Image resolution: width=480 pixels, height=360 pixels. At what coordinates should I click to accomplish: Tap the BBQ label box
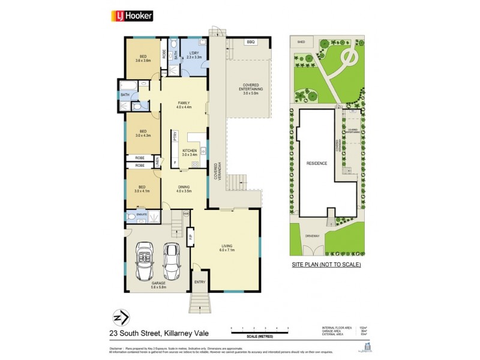point(250,42)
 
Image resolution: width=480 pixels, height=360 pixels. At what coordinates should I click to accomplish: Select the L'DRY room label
point(194,55)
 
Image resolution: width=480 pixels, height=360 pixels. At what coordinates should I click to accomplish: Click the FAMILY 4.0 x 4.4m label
point(184,105)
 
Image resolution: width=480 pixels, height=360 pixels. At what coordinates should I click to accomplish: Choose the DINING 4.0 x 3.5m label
point(184,189)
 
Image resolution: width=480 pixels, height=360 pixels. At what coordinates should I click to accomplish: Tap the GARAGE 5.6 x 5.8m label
point(158,286)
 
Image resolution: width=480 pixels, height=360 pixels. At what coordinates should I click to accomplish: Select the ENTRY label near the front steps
point(200,281)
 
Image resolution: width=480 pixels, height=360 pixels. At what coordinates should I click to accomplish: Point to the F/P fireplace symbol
point(190,237)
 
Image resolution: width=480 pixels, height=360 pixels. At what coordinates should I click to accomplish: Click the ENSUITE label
point(142,213)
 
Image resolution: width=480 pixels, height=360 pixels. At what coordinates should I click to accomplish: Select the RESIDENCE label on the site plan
point(317,163)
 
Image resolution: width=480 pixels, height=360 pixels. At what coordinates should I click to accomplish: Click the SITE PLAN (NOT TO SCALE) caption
point(326,265)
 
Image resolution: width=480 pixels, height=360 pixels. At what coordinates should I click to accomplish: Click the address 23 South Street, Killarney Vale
point(170,331)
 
